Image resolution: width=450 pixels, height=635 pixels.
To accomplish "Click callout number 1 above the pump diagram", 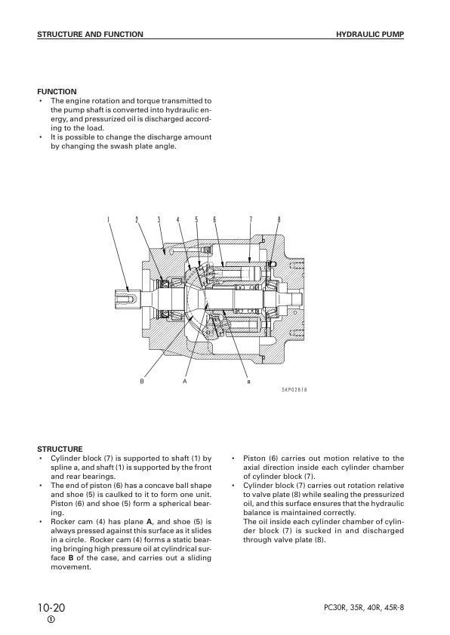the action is pyautogui.click(x=108, y=219).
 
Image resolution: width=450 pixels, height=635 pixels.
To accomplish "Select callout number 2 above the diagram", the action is pyautogui.click(x=137, y=219).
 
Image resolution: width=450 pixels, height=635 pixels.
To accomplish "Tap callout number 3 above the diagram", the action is pyautogui.click(x=159, y=219).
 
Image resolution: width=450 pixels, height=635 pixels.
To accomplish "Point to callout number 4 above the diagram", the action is pyautogui.click(x=178, y=219).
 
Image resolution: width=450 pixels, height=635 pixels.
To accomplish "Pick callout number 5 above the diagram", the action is pyautogui.click(x=196, y=219).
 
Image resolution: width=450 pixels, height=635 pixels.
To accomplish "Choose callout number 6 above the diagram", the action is pyautogui.click(x=215, y=219).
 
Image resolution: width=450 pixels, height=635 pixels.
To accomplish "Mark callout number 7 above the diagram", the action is pyautogui.click(x=251, y=219).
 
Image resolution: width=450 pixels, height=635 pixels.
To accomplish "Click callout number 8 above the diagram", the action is pyautogui.click(x=279, y=219).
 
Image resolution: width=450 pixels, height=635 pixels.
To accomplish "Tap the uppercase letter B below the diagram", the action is pyautogui.click(x=142, y=381).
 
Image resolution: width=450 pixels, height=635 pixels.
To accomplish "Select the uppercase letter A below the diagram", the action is pyautogui.click(x=184, y=381).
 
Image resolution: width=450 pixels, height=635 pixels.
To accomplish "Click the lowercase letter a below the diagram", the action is pyautogui.click(x=248, y=382).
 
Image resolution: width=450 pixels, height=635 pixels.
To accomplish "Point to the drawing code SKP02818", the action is pyautogui.click(x=294, y=390).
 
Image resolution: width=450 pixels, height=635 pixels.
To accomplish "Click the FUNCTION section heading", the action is pyautogui.click(x=57, y=91).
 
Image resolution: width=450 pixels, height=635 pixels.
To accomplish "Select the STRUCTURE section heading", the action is pyautogui.click(x=60, y=449).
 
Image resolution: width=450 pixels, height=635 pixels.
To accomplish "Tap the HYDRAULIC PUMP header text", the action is pyautogui.click(x=370, y=35).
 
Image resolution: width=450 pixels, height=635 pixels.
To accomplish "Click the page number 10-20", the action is pyautogui.click(x=51, y=608).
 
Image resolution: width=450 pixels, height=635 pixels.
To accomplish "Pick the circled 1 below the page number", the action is pyautogui.click(x=51, y=620).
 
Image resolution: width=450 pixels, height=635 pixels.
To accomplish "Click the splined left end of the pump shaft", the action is pyautogui.click(x=125, y=300).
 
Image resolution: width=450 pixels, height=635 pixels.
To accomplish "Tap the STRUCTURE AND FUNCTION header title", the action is pyautogui.click(x=90, y=35).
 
